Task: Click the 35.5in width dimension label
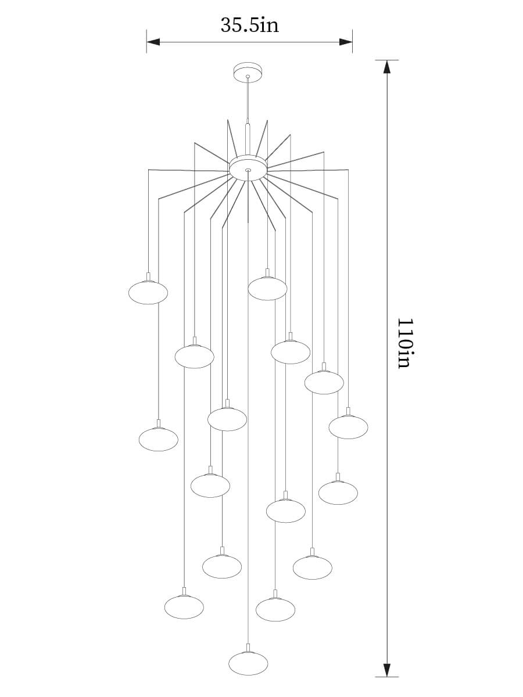tap(250, 25)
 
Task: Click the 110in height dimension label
tap(406, 343)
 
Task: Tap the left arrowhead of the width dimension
tap(153, 42)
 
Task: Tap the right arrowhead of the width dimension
tap(346, 42)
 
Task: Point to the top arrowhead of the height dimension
tap(386, 67)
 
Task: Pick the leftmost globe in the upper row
tap(148, 293)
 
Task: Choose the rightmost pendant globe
tap(348, 427)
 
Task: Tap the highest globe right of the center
tap(267, 289)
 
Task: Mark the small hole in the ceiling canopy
tap(248, 76)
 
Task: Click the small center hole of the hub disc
tap(248, 170)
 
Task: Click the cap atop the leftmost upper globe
tap(148, 276)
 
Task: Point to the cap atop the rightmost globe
tap(348, 411)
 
